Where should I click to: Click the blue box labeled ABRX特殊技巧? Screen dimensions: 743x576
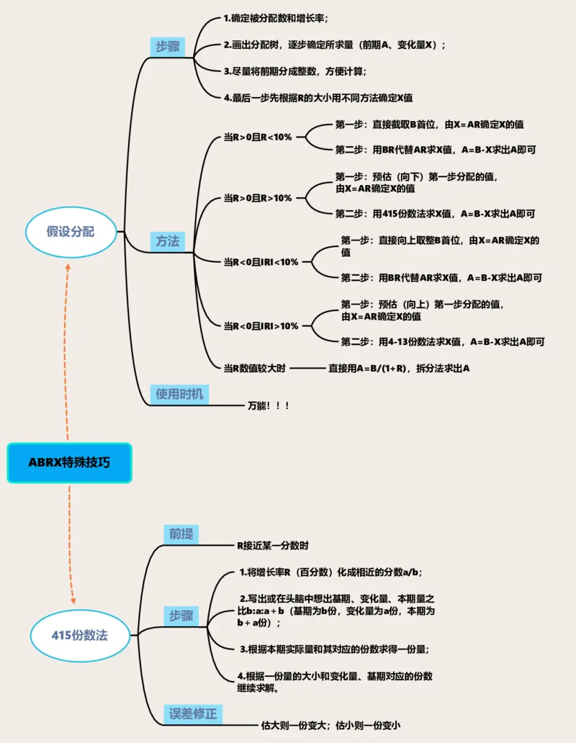(69, 462)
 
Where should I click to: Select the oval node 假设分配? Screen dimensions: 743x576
(71, 232)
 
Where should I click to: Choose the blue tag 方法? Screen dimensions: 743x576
(168, 241)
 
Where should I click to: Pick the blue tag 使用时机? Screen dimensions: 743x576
(179, 394)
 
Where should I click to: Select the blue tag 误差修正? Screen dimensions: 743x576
(192, 714)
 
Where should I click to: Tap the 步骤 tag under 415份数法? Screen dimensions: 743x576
(181, 616)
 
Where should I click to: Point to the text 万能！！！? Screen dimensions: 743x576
(269, 406)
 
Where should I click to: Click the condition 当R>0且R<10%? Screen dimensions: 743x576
(258, 136)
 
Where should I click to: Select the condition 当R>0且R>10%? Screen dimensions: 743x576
(258, 197)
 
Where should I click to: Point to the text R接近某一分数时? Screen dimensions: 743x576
(274, 546)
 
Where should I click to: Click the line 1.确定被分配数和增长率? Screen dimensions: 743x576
(281, 19)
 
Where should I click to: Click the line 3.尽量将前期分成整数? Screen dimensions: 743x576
(295, 71)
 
